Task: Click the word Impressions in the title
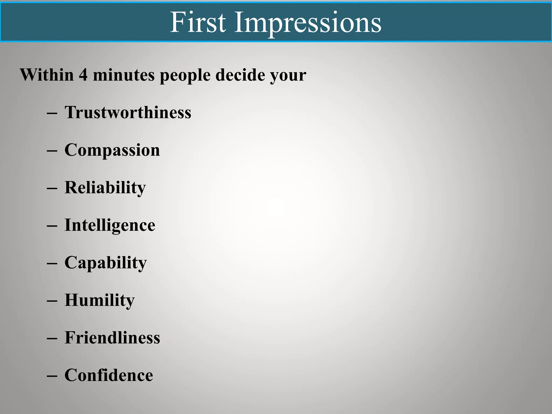point(308,23)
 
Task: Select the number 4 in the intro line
point(83,75)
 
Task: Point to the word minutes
point(124,75)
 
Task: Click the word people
point(185,75)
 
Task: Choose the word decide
point(240,75)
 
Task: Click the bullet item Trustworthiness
point(128,112)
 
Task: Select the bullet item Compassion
point(112,150)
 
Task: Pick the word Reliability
point(105,188)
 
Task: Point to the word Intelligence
point(110,225)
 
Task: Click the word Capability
point(106,263)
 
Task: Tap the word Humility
point(99,300)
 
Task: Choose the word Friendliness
point(112,337)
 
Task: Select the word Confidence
point(109,375)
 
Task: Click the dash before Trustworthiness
point(52,113)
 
